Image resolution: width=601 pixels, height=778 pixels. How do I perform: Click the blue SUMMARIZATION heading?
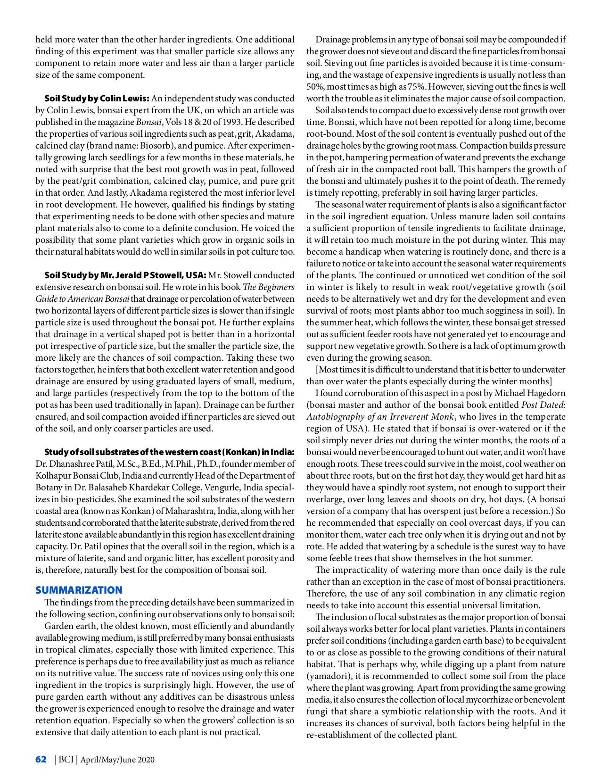[79, 590]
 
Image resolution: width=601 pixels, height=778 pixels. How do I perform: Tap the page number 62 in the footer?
[41, 759]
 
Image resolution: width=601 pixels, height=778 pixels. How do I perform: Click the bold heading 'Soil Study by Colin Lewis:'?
[97, 99]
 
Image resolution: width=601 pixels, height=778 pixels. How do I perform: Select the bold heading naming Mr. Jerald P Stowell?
[125, 275]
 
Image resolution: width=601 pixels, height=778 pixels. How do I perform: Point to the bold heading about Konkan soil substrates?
[169, 452]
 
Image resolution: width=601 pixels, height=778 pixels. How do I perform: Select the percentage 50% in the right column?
[314, 87]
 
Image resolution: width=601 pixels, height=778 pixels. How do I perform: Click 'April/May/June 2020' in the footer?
[117, 760]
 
